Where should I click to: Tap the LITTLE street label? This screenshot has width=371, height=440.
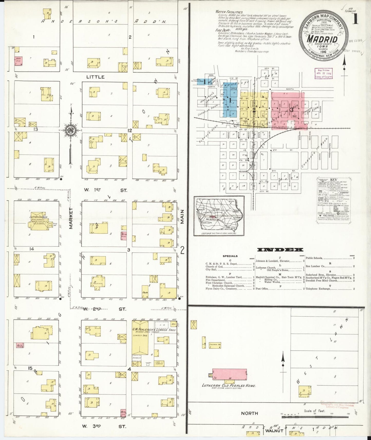point(95,77)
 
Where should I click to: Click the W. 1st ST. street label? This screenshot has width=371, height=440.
point(105,190)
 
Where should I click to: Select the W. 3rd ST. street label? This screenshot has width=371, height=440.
point(104,426)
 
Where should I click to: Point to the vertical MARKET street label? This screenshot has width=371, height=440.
point(71,218)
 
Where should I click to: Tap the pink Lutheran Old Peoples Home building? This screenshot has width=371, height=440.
point(229,374)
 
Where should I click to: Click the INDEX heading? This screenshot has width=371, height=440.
point(280,250)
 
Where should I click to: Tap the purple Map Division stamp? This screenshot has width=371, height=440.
point(324,73)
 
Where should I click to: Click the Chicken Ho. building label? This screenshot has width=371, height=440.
point(215,345)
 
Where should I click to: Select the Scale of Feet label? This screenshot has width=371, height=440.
point(314,411)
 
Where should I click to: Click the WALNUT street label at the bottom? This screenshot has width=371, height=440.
point(274,431)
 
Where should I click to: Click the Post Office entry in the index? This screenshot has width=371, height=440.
point(262,289)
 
